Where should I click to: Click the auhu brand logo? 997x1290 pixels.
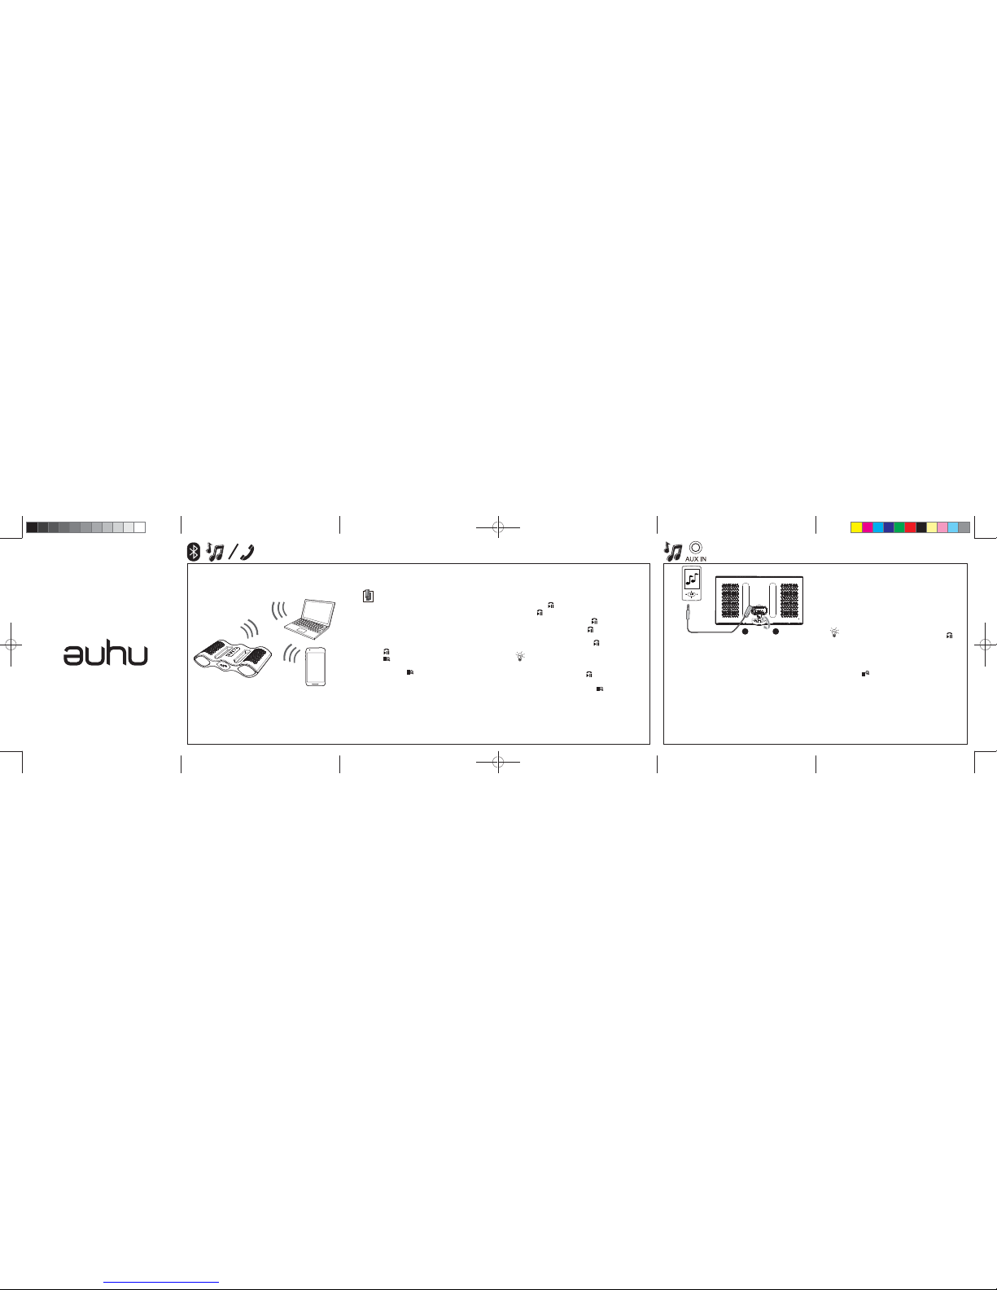click(106, 655)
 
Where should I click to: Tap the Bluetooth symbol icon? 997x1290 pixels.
click(194, 552)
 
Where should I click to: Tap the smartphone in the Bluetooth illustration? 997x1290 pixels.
click(316, 667)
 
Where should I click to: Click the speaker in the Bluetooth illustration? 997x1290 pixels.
click(234, 659)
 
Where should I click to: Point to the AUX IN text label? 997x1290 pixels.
click(696, 559)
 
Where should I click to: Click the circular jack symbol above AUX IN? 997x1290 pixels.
click(696, 548)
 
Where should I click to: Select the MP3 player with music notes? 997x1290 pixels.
click(692, 583)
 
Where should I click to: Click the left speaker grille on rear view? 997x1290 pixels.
click(730, 601)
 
